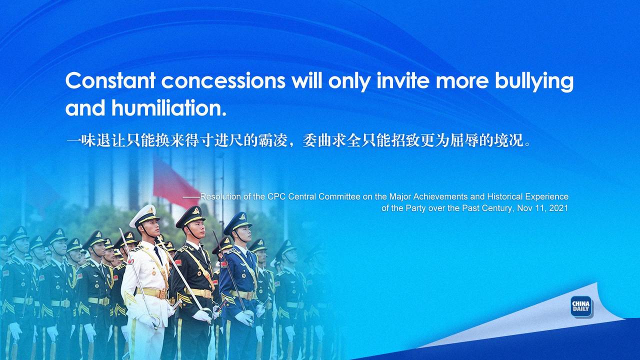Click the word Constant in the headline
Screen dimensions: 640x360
pyautogui.click(x=110, y=80)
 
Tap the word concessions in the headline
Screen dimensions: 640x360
pyautogui.click(x=223, y=81)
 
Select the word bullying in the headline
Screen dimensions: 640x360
pyautogui.click(x=534, y=81)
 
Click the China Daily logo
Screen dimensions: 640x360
pyautogui.click(x=581, y=306)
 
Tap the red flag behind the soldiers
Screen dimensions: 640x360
pyautogui.click(x=175, y=183)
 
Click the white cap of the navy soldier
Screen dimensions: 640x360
pyautogui.click(x=144, y=215)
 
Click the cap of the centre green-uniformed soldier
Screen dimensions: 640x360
pyautogui.click(x=191, y=216)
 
